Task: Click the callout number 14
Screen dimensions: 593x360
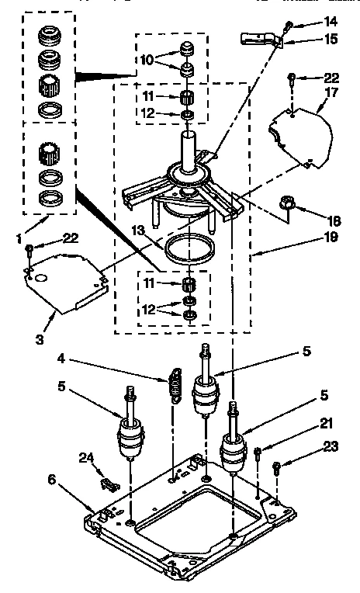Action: [x=331, y=23]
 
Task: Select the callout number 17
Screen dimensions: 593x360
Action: [x=331, y=92]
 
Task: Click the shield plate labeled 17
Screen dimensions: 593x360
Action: [x=303, y=133]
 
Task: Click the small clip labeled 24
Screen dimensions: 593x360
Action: [x=109, y=483]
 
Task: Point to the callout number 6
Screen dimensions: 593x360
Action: [x=52, y=480]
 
